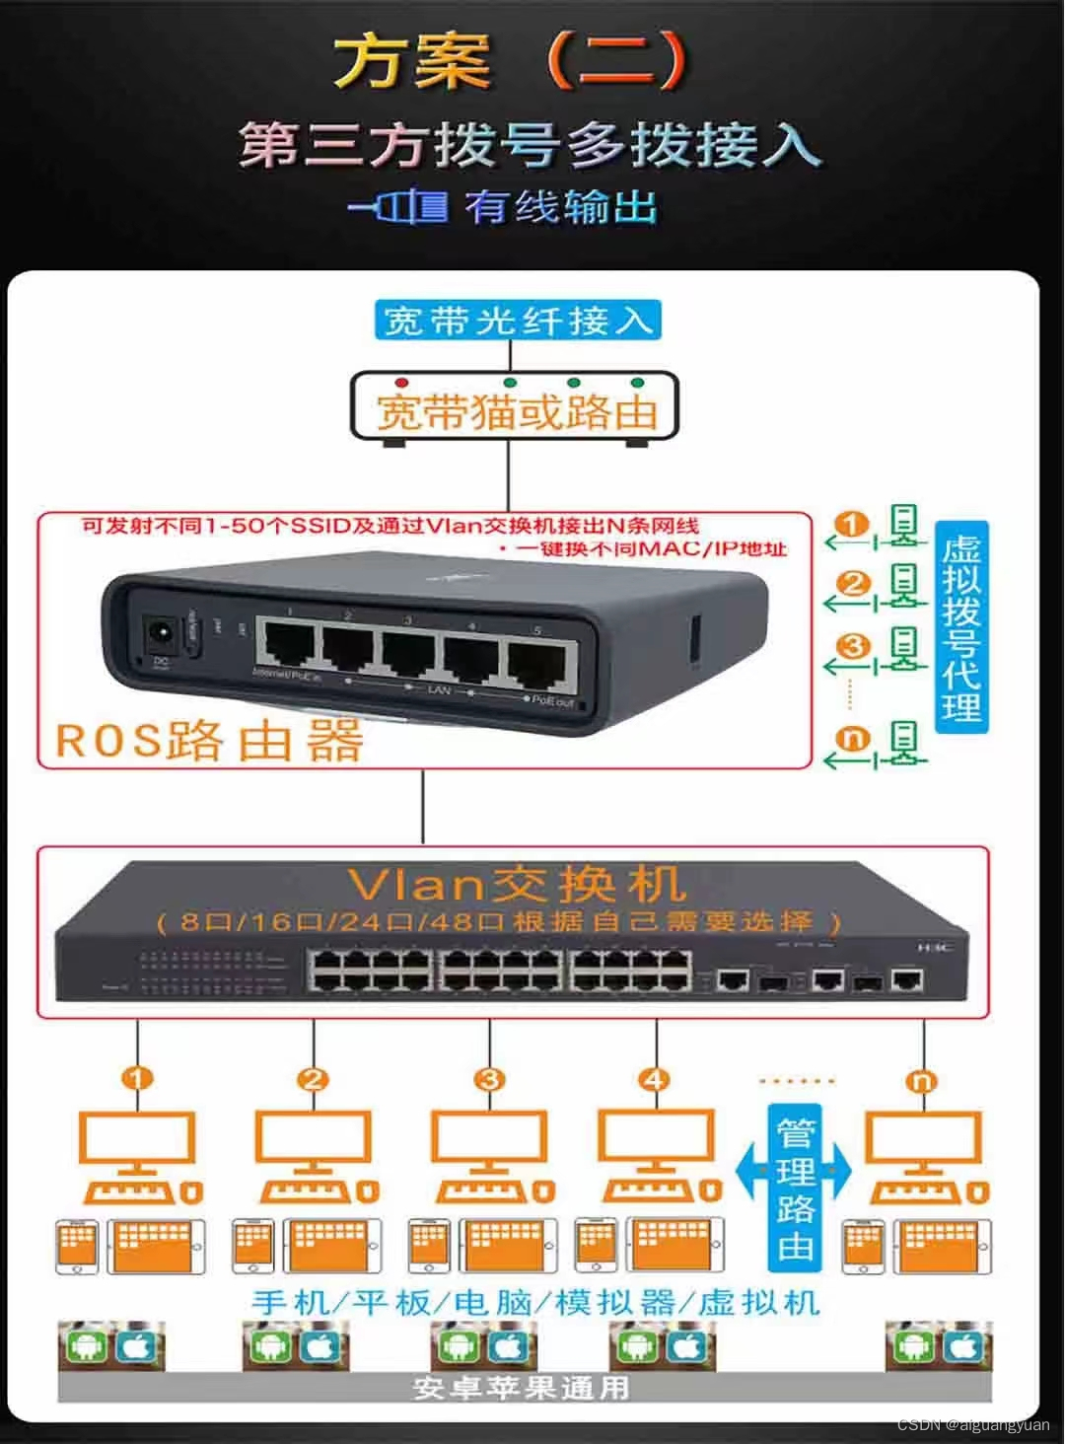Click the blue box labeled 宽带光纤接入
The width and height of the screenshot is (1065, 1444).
pos(517,321)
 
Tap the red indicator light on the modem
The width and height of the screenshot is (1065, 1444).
pos(401,383)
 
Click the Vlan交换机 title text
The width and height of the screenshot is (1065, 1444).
pos(517,884)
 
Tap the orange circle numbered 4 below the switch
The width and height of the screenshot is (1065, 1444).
pos(654,1079)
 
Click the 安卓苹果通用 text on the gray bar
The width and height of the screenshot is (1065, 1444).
pos(520,1387)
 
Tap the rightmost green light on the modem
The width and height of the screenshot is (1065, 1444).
pos(637,383)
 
